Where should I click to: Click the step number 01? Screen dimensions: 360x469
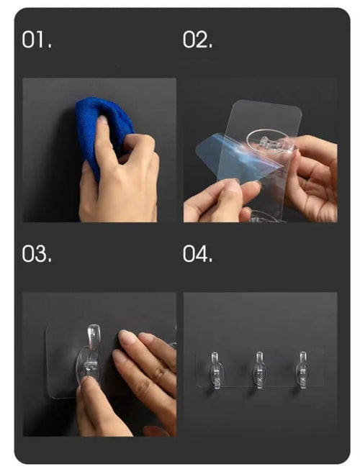point(37,40)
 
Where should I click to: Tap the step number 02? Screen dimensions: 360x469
point(198,40)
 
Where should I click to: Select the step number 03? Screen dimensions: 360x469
point(37,254)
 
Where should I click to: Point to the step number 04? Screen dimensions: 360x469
point(198,254)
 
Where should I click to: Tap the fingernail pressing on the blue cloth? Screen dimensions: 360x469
point(102,120)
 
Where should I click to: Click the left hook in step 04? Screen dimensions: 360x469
point(215,370)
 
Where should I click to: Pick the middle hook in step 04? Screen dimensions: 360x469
point(259,370)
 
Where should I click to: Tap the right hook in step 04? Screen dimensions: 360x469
point(302,370)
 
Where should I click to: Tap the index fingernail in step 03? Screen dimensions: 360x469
point(127,336)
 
